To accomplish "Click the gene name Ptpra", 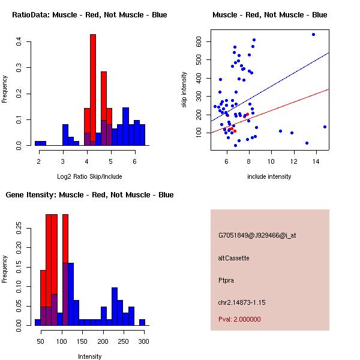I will (x=226, y=280).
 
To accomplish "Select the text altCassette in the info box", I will (x=233, y=258).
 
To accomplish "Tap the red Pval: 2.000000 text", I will (x=239, y=319).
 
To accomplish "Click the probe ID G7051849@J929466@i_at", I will (x=257, y=235).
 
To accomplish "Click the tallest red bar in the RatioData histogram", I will (x=93, y=90).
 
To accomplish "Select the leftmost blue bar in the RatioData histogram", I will (x=40, y=143).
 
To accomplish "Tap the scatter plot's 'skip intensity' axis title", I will (x=184, y=90).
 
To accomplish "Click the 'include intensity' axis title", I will (x=269, y=176).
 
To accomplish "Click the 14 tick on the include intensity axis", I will (x=316, y=161).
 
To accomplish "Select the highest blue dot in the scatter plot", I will (x=313, y=34).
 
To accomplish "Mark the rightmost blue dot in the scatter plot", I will (x=325, y=127).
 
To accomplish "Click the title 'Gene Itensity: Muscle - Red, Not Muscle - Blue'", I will (x=89, y=195).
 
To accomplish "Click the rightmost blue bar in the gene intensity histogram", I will (x=142, y=323).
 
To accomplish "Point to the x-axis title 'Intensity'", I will (x=89, y=356).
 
